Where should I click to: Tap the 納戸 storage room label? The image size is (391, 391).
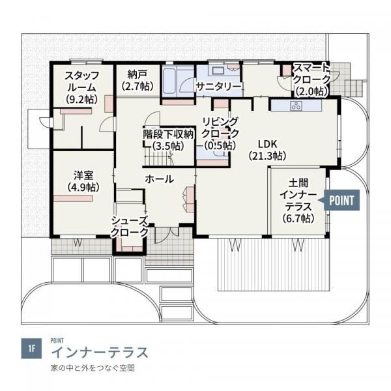pyautogui.click(x=137, y=80)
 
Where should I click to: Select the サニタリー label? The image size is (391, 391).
pyautogui.click(x=218, y=87)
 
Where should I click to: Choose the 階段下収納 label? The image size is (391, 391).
pyautogui.click(x=168, y=139)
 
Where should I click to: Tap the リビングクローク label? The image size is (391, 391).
pyautogui.click(x=220, y=133)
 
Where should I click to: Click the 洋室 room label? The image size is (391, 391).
pyautogui.click(x=83, y=181)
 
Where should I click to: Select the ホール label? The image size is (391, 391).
pyautogui.click(x=158, y=179)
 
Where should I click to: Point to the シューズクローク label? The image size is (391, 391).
pyautogui.click(x=130, y=227)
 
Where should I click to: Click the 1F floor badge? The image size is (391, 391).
pyautogui.click(x=31, y=348)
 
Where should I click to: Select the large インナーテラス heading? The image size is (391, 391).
pyautogui.click(x=99, y=353)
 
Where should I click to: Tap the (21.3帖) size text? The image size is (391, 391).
pyautogui.click(x=267, y=156)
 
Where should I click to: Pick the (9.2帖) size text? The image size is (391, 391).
pyautogui.click(x=81, y=99)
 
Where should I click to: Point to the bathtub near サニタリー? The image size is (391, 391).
pyautogui.click(x=169, y=81)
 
